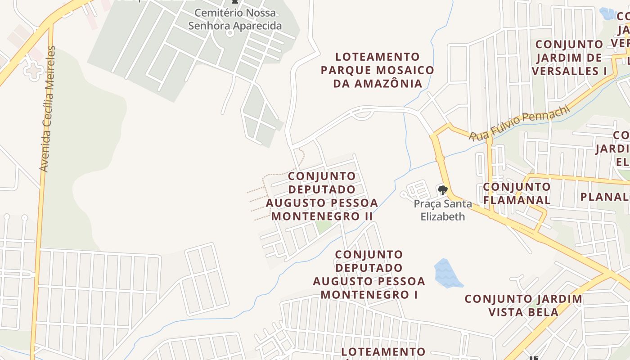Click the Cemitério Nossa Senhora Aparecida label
point(235,19)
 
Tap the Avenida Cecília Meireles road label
point(47,108)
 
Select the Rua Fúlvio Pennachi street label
point(519,122)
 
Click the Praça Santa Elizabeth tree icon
point(442,190)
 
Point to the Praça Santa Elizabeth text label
point(443,210)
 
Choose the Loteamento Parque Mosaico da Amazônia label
point(377,70)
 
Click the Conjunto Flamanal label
point(517,193)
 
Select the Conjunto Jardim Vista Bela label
point(523,305)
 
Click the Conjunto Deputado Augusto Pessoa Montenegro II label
point(322,196)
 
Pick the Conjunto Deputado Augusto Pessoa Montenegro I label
point(369,274)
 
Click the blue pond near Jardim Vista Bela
point(447,274)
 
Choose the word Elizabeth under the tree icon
point(443,216)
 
